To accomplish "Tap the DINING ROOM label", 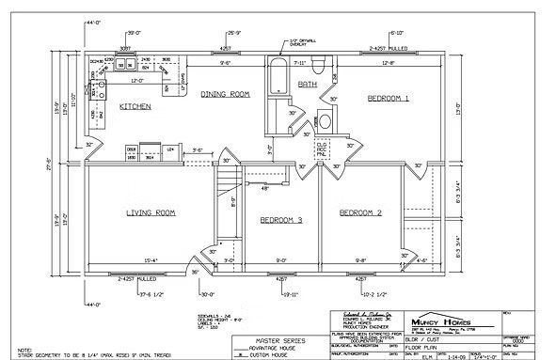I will (225, 94).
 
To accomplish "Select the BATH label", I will (308, 84).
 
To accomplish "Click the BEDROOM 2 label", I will (360, 212).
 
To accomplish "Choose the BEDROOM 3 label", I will (280, 220).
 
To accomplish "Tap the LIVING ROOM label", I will (151, 212).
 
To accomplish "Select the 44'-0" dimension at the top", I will (92, 20).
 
